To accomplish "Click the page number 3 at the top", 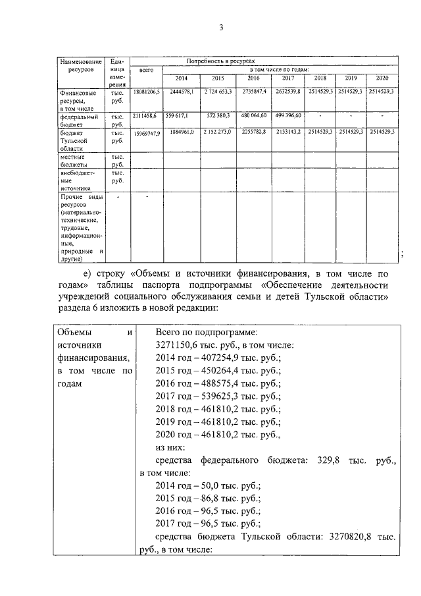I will click(x=221, y=27).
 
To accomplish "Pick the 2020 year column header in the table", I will click(x=382, y=78).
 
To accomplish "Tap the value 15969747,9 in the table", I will click(x=147, y=133).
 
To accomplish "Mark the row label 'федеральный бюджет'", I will click(x=75, y=119).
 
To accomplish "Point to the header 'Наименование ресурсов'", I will click(x=80, y=65).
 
